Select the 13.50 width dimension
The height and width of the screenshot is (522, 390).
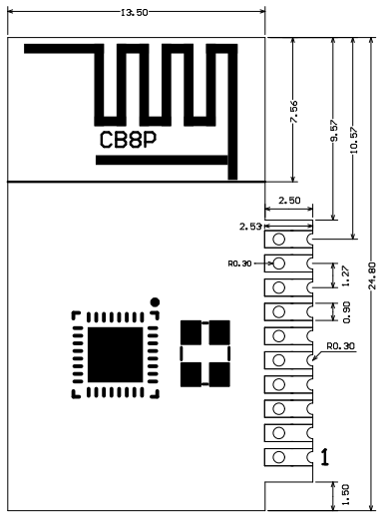pyautogui.click(x=135, y=14)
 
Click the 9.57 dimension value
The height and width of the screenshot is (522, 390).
pyautogui.click(x=333, y=140)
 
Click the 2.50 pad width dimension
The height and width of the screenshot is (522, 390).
pyautogui.click(x=289, y=201)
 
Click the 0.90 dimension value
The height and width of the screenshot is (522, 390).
pyautogui.click(x=333, y=311)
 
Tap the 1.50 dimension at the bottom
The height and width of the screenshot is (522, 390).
pyautogui.click(x=333, y=492)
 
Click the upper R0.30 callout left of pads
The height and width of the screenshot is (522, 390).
pyautogui.click(x=241, y=263)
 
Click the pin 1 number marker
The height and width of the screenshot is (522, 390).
pyautogui.click(x=325, y=455)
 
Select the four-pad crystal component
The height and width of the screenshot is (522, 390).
pyautogui.click(x=204, y=354)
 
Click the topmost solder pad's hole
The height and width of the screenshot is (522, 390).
pyautogui.click(x=279, y=239)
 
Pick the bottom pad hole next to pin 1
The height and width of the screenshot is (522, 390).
pyautogui.click(x=279, y=456)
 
